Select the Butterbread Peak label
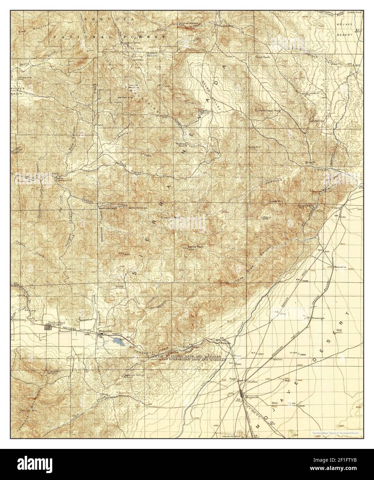[x=267, y=111]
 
